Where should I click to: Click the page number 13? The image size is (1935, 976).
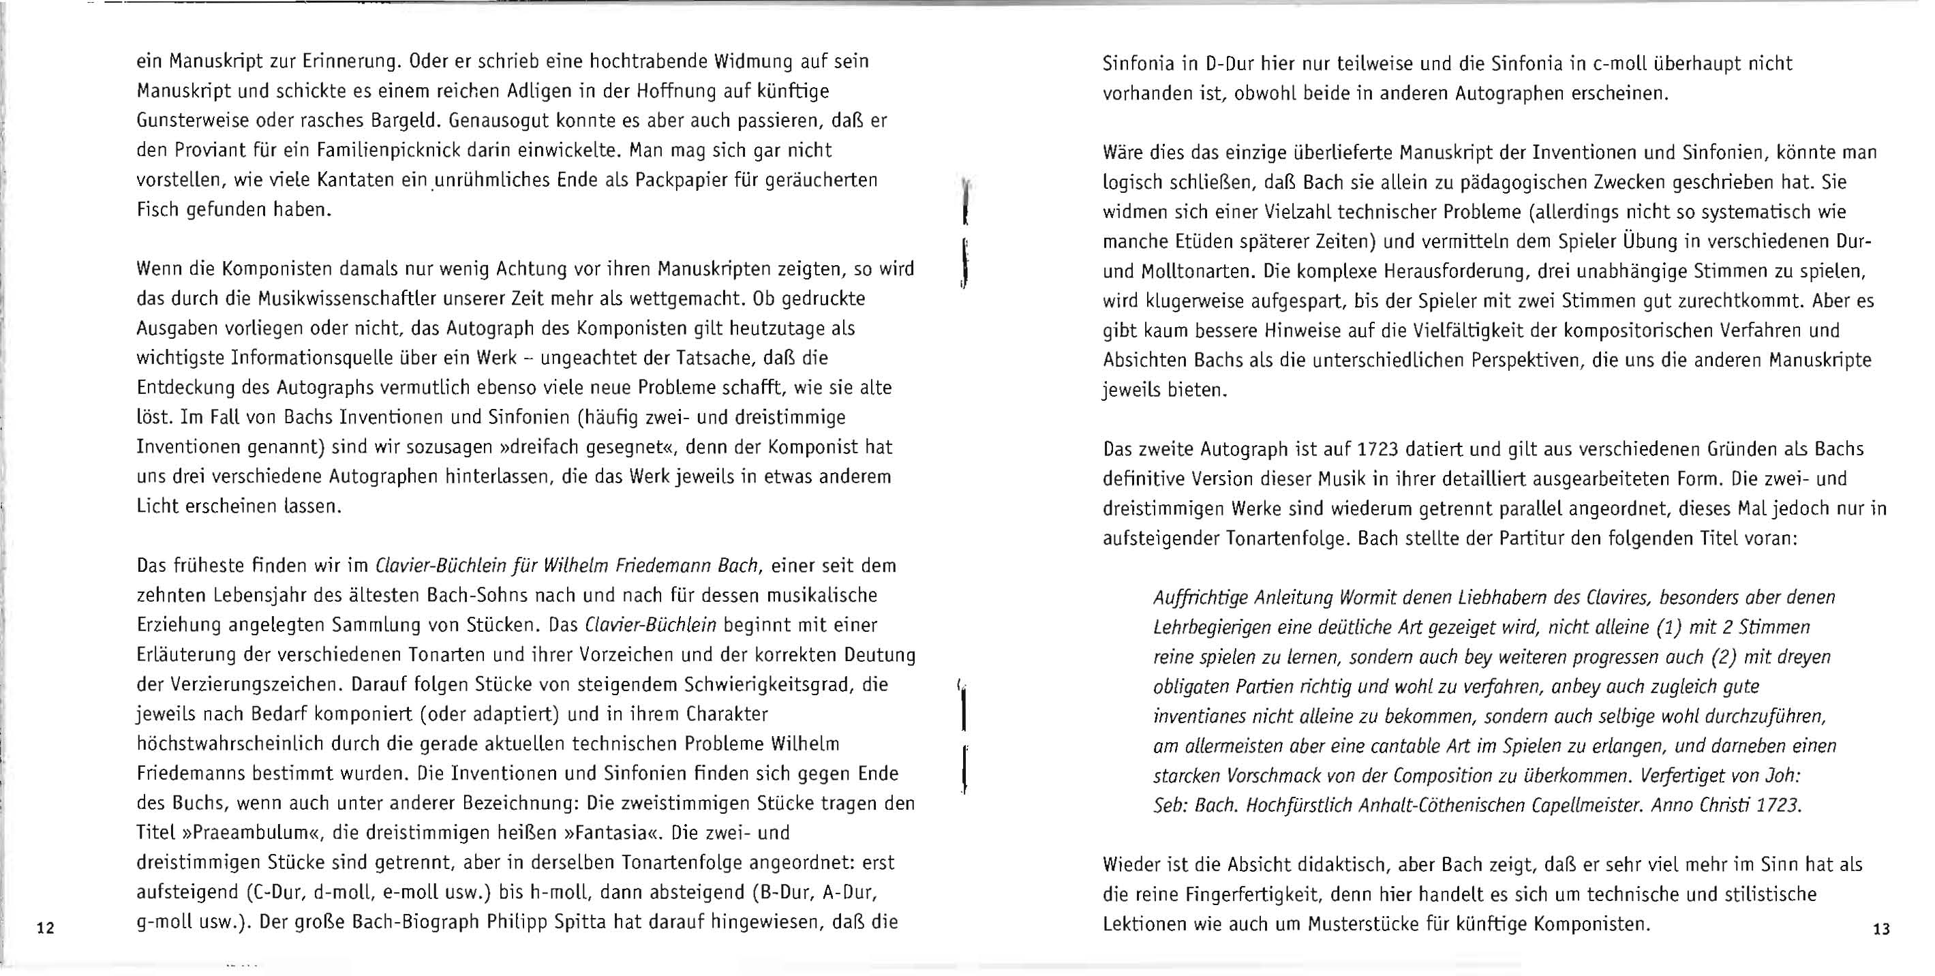coord(1882,930)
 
